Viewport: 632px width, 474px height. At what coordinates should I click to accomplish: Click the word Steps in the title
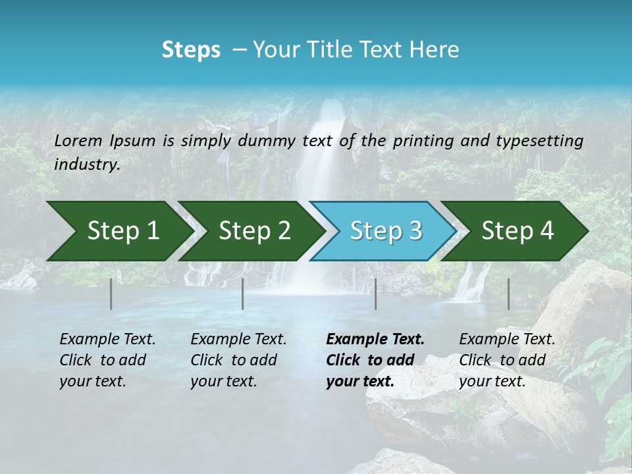pos(191,50)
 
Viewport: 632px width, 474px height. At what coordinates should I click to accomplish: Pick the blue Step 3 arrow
pos(382,231)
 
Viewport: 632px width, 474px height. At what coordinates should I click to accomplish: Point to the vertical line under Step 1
pos(111,294)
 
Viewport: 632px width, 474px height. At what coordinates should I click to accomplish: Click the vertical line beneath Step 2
pos(242,294)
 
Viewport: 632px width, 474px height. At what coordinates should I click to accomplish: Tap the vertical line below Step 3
pos(375,294)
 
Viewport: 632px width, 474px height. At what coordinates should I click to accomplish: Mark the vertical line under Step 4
pos(508,294)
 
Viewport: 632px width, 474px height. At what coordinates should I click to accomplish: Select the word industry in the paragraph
pos(86,165)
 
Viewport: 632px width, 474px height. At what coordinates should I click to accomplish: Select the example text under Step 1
pos(107,360)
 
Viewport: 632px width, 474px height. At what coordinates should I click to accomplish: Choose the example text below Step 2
pos(238,360)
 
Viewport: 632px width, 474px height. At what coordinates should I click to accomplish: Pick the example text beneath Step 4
pos(506,360)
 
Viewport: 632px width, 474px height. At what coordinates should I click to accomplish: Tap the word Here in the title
pos(437,50)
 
